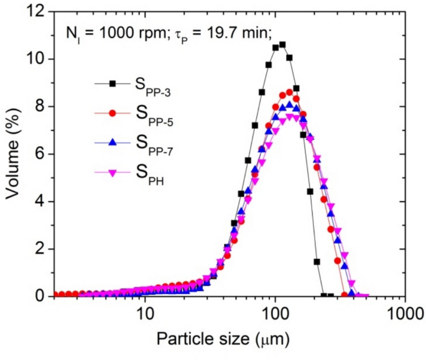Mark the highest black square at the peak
[x=282, y=44]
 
